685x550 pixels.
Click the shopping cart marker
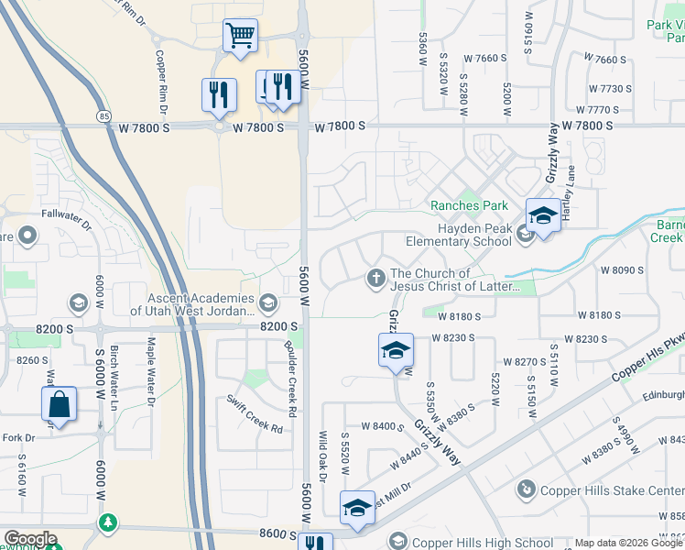240,36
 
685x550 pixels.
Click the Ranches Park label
470,205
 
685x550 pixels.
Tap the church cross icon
375,278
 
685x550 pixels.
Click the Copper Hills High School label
469,543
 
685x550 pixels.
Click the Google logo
29,539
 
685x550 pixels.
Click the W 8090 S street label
623,270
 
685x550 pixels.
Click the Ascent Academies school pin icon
268,302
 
